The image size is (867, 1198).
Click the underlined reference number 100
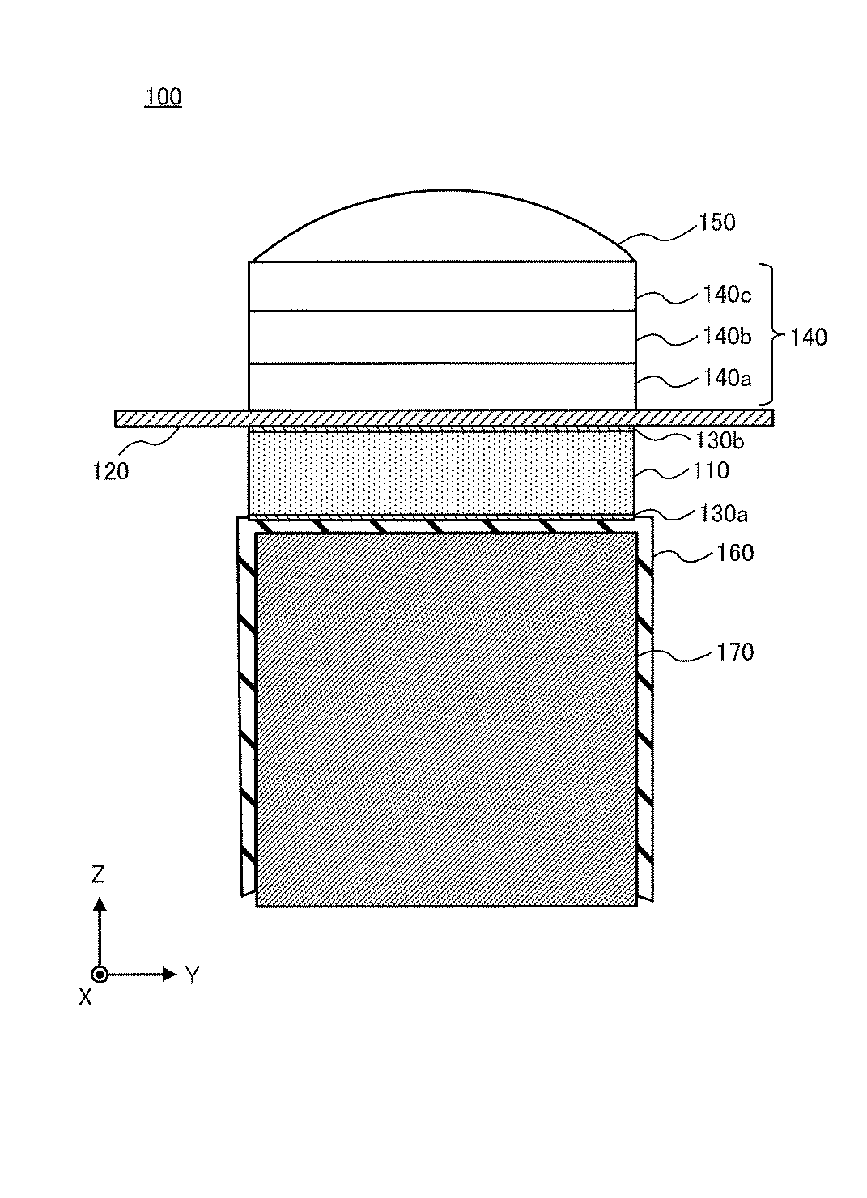[164, 97]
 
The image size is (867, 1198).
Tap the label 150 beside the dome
[717, 222]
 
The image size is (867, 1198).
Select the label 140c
[727, 295]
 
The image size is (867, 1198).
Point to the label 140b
[727, 337]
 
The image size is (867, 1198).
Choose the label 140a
[727, 379]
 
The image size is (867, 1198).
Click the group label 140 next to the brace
[808, 338]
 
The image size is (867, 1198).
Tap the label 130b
[720, 440]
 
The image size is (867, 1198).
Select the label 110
[711, 470]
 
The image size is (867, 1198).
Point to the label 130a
[723, 514]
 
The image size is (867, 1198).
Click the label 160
[735, 553]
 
